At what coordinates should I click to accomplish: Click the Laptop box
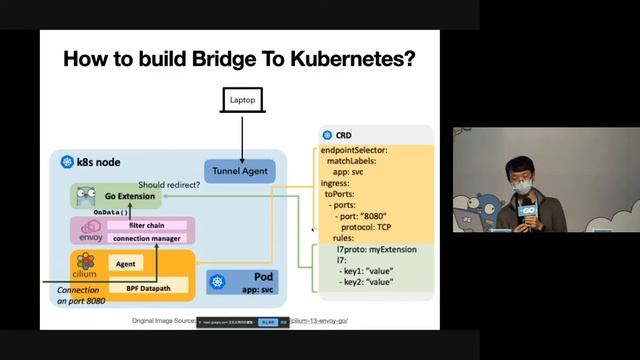(x=242, y=101)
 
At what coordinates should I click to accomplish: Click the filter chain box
(x=145, y=225)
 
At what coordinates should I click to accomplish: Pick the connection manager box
(x=145, y=239)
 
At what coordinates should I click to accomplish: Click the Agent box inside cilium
(x=126, y=264)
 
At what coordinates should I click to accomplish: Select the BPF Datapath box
(x=146, y=288)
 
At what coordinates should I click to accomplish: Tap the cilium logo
(x=86, y=265)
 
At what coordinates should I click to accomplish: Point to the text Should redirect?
(x=169, y=185)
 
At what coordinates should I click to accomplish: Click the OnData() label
(x=111, y=213)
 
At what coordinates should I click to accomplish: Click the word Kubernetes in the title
(x=346, y=58)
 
